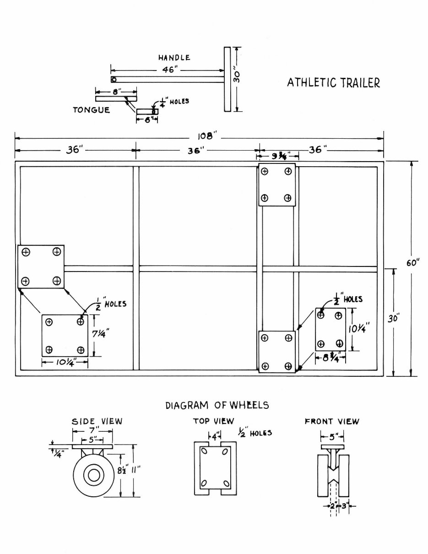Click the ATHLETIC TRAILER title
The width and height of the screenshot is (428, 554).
click(x=333, y=83)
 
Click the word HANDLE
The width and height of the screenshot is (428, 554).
click(x=174, y=58)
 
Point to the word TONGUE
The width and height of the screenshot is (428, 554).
click(x=92, y=110)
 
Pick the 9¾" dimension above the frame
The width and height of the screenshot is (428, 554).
click(x=277, y=156)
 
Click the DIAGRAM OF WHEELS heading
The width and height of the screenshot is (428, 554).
click(x=217, y=405)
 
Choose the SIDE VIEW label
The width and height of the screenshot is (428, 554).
click(x=97, y=421)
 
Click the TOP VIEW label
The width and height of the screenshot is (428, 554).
click(x=213, y=421)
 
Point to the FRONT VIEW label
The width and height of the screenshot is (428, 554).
click(x=332, y=421)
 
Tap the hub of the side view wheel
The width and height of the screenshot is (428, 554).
click(x=94, y=476)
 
